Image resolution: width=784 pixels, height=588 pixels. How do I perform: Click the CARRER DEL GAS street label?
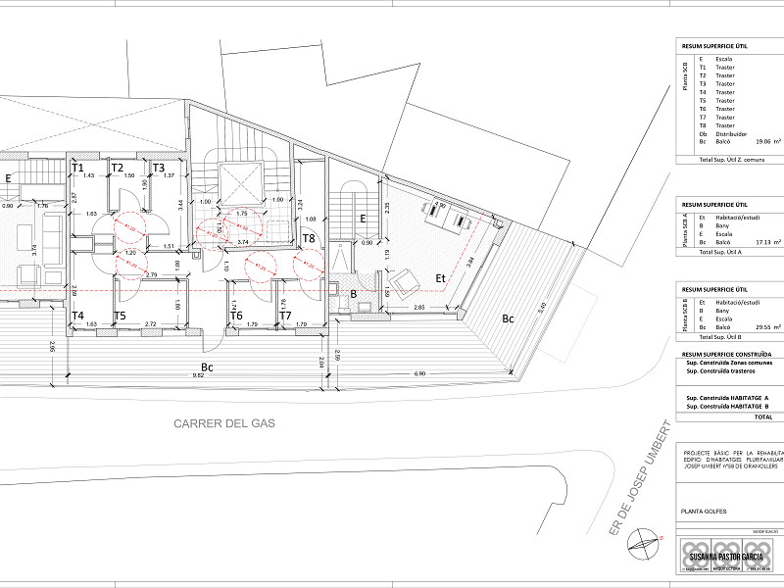224,424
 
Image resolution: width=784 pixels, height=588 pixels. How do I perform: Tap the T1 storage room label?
76,168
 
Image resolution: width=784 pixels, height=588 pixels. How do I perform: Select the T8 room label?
308,238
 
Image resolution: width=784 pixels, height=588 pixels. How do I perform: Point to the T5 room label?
120,316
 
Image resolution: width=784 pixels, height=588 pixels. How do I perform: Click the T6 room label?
236,316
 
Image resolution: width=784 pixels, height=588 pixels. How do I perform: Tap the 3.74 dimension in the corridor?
241,240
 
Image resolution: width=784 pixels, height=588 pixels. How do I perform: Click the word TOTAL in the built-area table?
763,416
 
